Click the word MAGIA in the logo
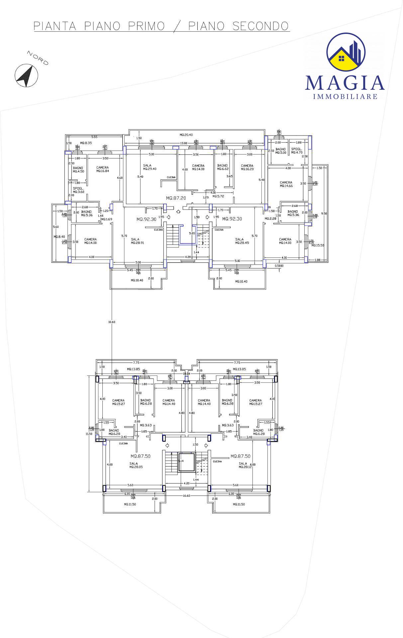point(345,83)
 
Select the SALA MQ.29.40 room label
point(150,167)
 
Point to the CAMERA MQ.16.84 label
point(103,169)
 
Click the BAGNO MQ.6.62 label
point(223,167)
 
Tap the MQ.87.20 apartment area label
point(176,198)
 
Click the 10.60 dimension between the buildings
point(112,322)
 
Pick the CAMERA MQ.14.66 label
point(286,184)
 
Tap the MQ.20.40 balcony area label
point(186,135)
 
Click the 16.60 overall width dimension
point(186,496)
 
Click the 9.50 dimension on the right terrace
point(324,213)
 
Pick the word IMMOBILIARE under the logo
point(345,97)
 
